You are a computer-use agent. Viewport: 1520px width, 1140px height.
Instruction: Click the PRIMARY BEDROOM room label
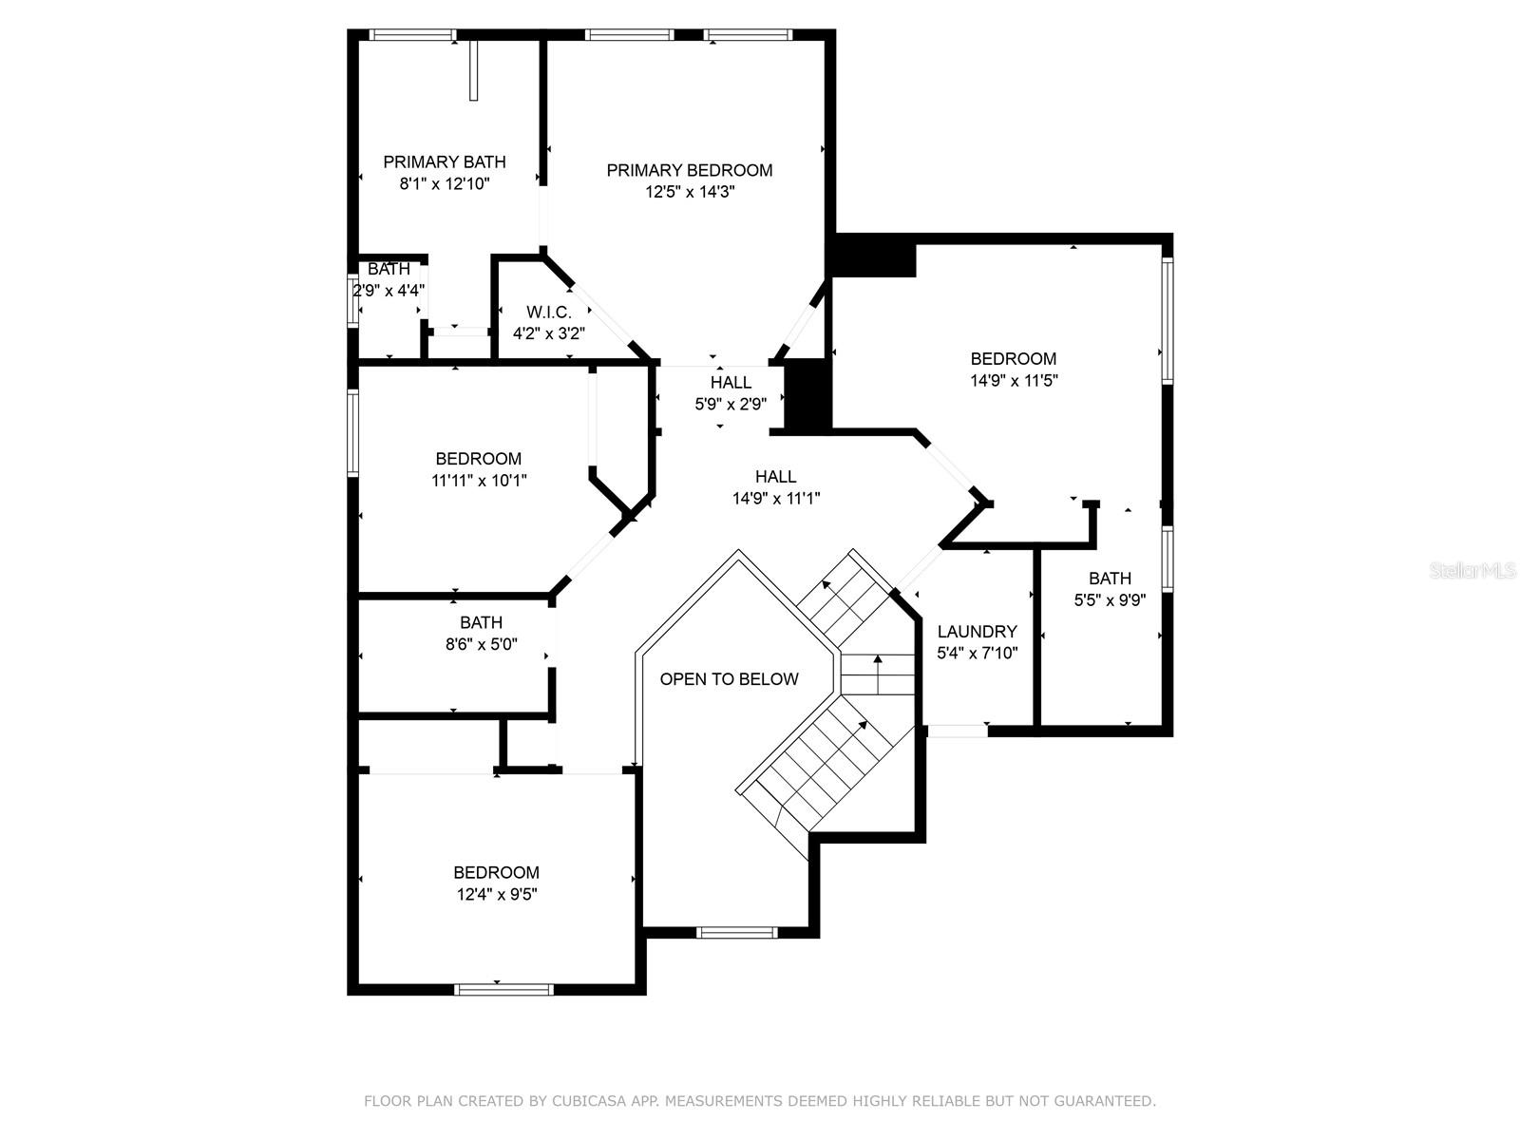pos(689,170)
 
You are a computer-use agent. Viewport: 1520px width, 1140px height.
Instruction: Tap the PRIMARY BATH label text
pos(445,161)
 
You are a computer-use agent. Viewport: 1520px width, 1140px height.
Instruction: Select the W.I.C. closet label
pos(548,313)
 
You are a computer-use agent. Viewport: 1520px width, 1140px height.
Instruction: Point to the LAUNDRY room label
pos(978,631)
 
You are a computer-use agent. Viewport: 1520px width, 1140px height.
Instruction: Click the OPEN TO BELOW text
pos(730,679)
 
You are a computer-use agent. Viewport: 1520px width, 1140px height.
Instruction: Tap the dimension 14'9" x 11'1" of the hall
pos(776,499)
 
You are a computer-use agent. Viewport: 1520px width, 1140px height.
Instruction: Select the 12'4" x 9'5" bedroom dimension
pos(497,894)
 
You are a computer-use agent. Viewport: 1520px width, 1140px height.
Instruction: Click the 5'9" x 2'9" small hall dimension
pos(731,404)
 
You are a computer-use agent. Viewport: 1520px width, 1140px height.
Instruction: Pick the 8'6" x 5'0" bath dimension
pos(482,644)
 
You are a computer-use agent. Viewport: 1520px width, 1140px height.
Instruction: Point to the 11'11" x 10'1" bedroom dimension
pos(479,481)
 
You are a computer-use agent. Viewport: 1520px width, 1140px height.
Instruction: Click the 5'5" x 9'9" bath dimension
pos(1110,600)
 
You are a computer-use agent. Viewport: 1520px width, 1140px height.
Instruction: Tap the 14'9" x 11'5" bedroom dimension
pos(1014,381)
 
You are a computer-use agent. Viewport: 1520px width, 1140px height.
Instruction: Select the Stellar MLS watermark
pos(1472,571)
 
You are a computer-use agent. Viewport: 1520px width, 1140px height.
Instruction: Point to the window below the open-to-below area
pos(737,932)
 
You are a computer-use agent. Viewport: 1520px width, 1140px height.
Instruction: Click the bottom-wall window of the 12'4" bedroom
pos(503,990)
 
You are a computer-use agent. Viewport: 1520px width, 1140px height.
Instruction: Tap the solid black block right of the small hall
pos(807,396)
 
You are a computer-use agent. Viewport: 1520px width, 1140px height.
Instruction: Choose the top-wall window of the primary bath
pos(412,34)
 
